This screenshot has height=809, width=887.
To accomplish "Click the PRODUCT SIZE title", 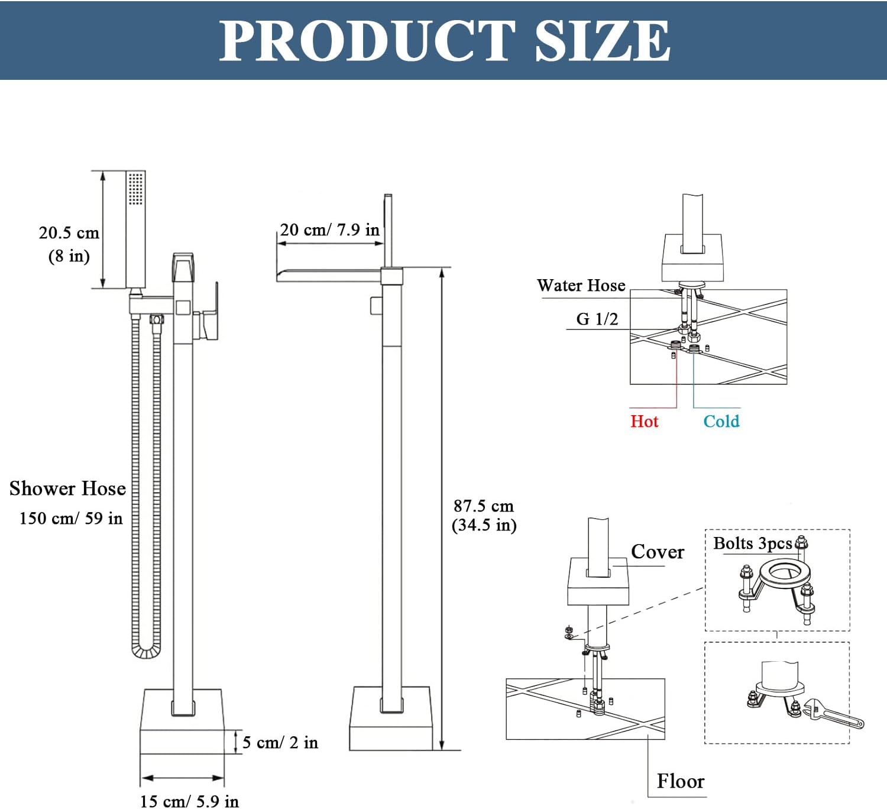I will pos(445,40).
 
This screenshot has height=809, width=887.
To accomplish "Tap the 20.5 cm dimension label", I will pos(69,233).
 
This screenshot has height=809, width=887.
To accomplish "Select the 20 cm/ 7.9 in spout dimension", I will pos(329,230).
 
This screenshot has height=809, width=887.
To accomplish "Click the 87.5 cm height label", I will pos(484,506).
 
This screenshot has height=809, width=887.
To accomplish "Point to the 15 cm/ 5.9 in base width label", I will pos(189,801).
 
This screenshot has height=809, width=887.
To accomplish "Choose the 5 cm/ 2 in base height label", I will pos(280,742).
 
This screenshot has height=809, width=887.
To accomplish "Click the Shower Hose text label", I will pos(67,488).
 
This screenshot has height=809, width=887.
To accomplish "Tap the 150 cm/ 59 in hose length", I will pos(71,519).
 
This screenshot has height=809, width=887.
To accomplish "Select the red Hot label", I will pos(644,422).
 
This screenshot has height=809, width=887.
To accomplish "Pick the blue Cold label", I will pos(721,422).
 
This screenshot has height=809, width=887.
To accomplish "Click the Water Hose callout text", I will pos(581,286).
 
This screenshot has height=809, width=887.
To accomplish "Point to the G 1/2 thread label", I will pos(597,319).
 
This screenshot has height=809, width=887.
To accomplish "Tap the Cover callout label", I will pos(657,552).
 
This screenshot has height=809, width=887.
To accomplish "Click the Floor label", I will pos(681,781).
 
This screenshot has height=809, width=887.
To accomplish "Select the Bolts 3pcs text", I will pos(752,543).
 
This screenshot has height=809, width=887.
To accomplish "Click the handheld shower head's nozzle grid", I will pos(136,189).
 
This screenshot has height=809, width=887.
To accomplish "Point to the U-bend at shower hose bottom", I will pos(145,651).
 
